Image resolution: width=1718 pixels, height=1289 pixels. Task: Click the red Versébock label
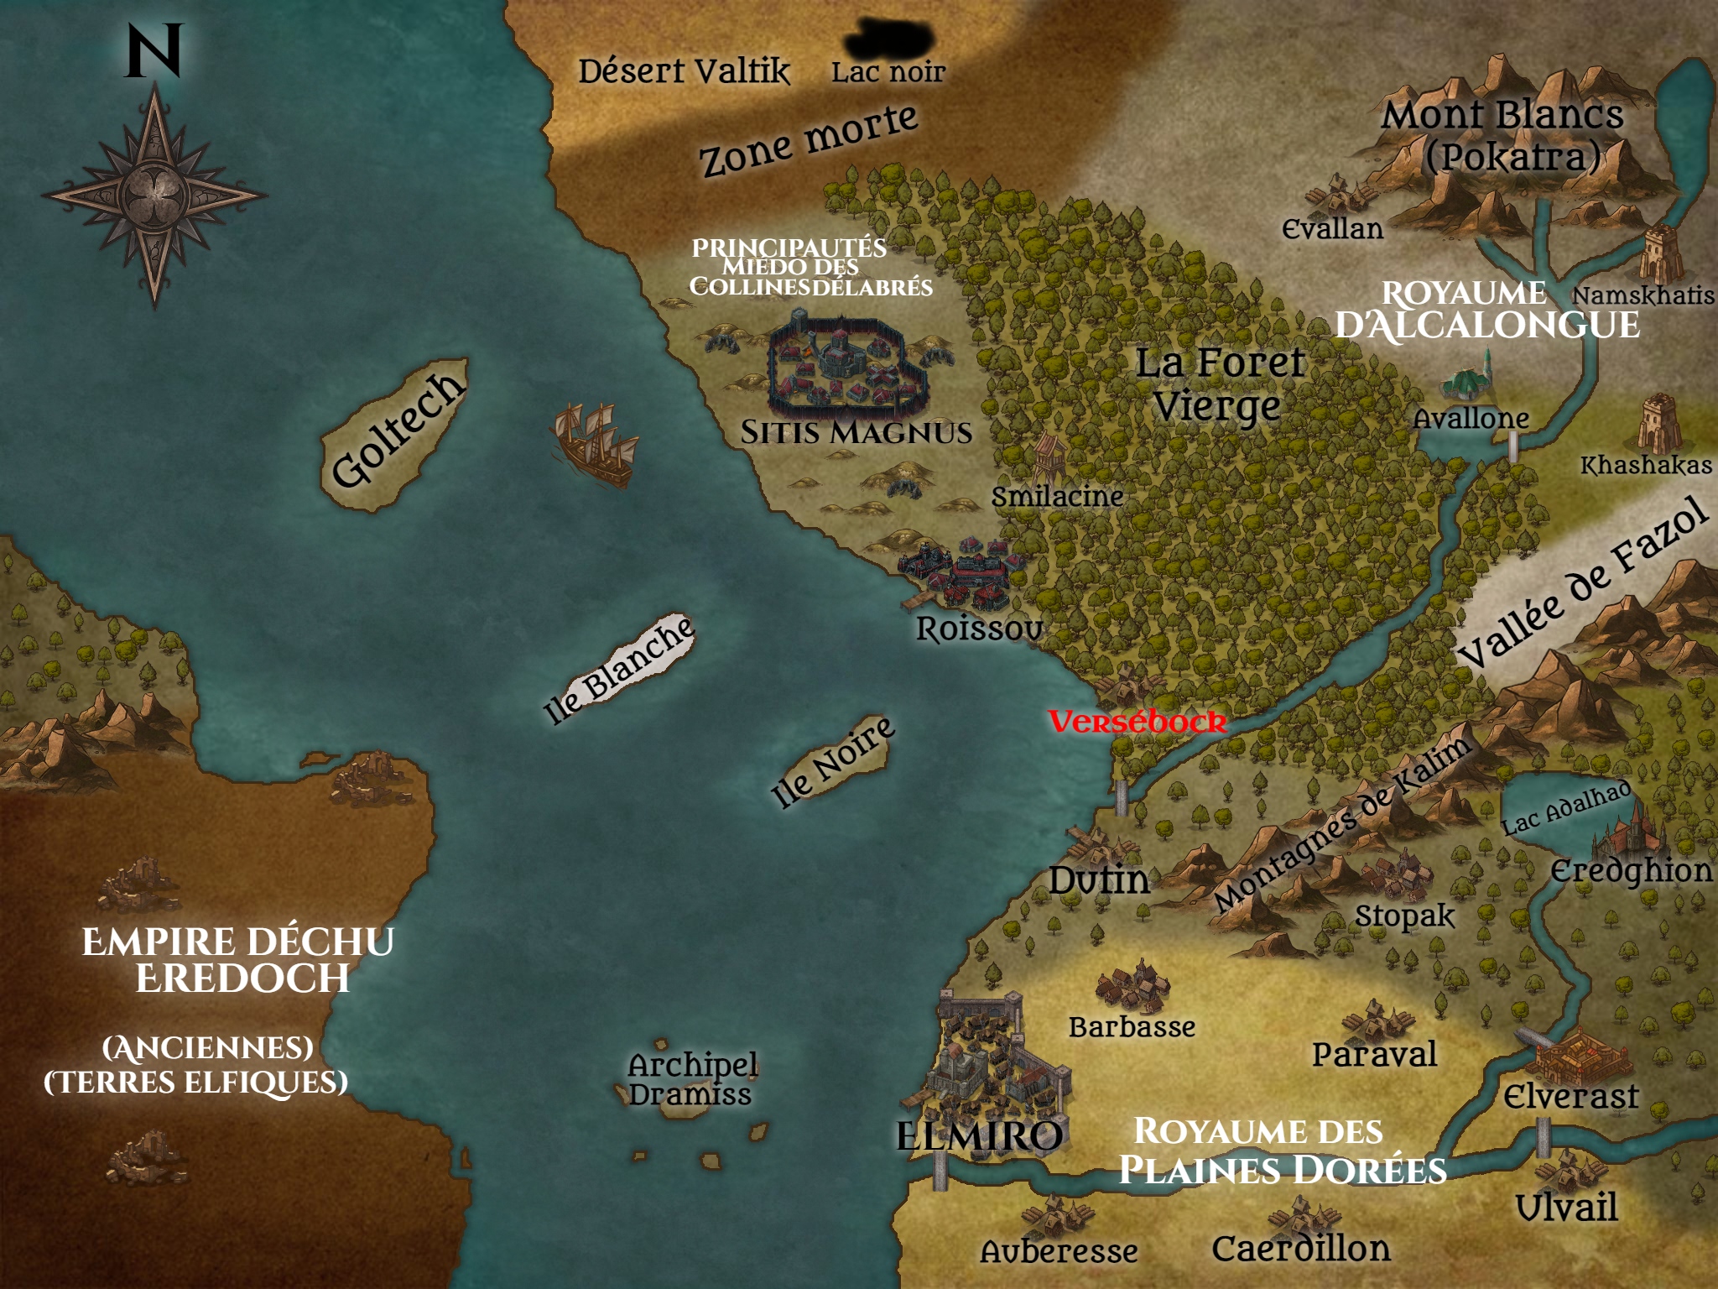pos(1137,722)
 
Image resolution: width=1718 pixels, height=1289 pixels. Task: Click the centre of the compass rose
pos(154,195)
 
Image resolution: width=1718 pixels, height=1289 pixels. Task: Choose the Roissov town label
pos(979,629)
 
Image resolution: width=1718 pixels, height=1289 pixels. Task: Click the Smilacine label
pos(1057,497)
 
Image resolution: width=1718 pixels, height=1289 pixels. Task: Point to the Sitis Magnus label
pos(856,432)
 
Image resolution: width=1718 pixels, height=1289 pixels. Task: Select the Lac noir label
pos(888,72)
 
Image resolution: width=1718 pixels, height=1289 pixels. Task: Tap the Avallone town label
pos(1471,418)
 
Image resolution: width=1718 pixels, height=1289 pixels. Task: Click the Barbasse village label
pos(1132,1027)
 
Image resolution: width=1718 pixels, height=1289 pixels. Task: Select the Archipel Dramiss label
pos(692,1079)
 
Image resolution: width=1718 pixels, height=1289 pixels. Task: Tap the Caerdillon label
pos(1301,1249)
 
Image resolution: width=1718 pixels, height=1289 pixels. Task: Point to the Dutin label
pos(1099,880)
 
